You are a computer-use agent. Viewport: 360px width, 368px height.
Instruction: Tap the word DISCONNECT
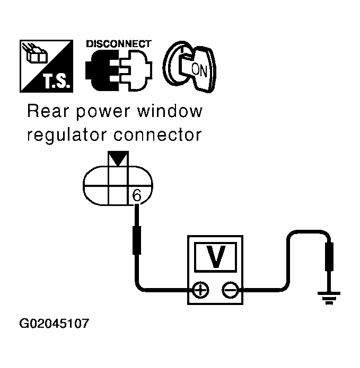tap(118, 44)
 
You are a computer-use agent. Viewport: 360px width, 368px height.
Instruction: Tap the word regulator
tap(63, 135)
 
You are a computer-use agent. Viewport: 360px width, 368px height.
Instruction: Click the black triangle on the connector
tap(118, 160)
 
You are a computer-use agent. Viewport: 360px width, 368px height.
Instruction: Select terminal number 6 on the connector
tap(136, 195)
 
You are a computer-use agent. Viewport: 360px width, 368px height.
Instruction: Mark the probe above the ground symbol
tap(329, 257)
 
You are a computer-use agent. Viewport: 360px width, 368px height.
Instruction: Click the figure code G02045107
tap(54, 323)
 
